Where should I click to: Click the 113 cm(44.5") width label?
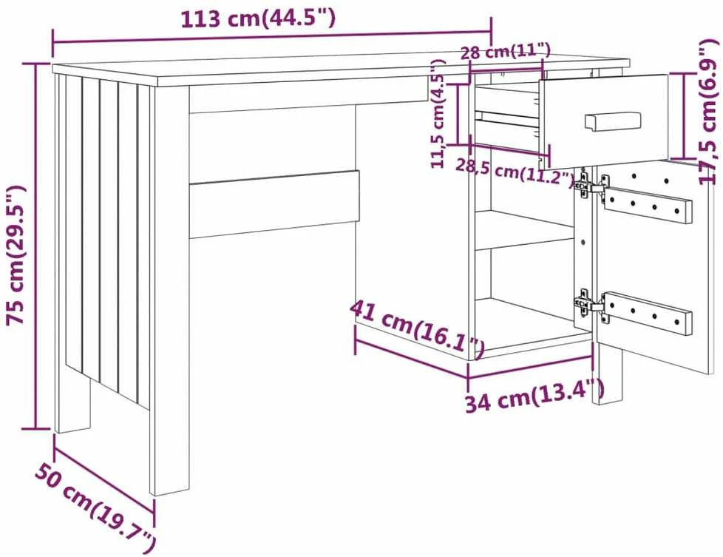[258, 19]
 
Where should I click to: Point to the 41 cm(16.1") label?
[417, 328]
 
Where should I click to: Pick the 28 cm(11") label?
[506, 51]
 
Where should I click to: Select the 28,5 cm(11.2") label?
[515, 172]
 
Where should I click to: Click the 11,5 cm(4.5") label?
[438, 113]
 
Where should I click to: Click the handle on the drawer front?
[613, 121]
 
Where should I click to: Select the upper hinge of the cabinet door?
[591, 186]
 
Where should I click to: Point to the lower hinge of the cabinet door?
[591, 305]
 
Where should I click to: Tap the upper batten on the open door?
[648, 206]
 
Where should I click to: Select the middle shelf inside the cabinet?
[525, 230]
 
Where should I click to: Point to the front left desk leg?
[171, 291]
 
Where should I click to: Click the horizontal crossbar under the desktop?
[274, 204]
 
